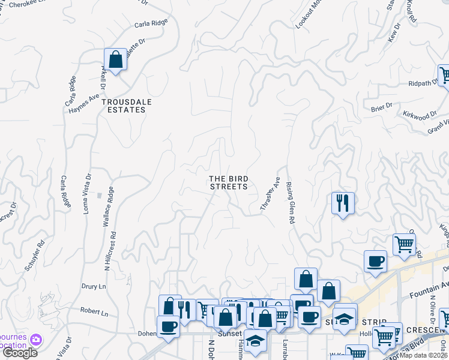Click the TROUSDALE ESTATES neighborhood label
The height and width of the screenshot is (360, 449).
126,106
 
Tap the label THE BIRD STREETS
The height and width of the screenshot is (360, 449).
228,182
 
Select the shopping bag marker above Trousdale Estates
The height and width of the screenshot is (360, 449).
115,60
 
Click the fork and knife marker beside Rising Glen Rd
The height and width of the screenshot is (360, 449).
343,202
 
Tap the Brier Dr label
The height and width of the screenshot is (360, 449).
381,107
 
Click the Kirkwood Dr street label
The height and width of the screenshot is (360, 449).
420,115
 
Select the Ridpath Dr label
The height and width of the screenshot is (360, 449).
423,83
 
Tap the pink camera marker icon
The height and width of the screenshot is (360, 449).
37,340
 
